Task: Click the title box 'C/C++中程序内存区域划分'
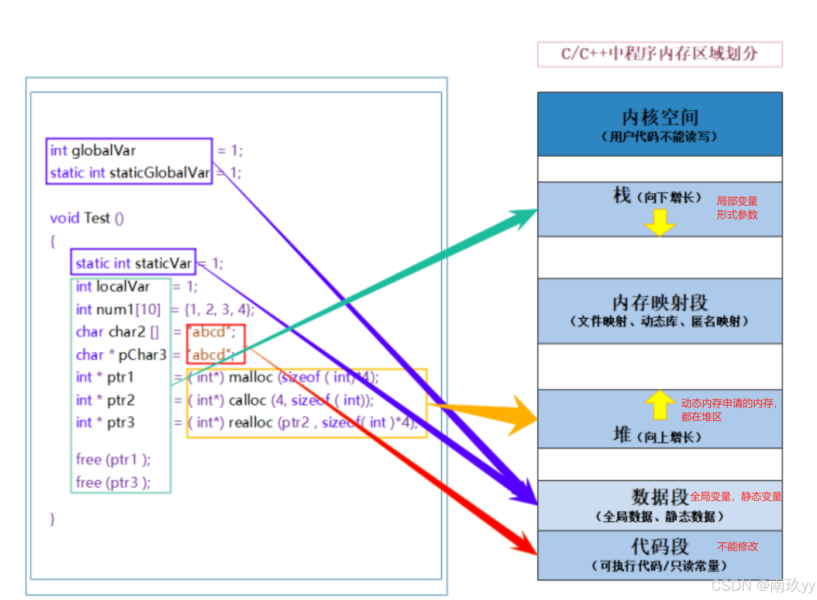click(x=659, y=54)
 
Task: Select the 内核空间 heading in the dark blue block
click(x=660, y=118)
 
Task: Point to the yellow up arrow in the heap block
click(x=660, y=405)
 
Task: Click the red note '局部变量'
click(x=737, y=201)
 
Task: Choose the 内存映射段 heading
click(x=660, y=303)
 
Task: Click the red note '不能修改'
click(x=737, y=547)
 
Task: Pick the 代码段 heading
click(x=660, y=547)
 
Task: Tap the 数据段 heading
click(x=660, y=497)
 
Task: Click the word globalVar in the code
click(x=104, y=151)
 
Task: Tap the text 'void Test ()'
click(x=87, y=218)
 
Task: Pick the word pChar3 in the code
click(x=142, y=355)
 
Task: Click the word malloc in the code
click(x=250, y=377)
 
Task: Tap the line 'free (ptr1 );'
click(x=113, y=460)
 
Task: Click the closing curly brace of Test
click(x=52, y=519)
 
